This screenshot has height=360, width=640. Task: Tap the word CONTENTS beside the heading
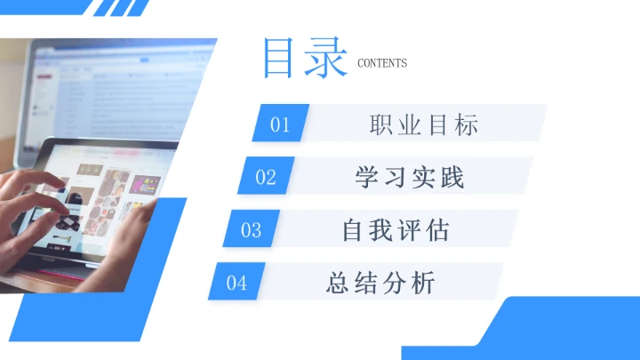(x=381, y=63)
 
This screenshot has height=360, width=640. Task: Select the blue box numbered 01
(x=281, y=124)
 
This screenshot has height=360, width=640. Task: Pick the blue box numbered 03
(x=252, y=230)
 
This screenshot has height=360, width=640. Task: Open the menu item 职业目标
(x=424, y=124)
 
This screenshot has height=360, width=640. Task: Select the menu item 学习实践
(x=410, y=177)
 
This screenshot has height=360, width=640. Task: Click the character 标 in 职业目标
(x=466, y=124)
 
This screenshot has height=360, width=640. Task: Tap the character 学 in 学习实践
(x=368, y=177)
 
